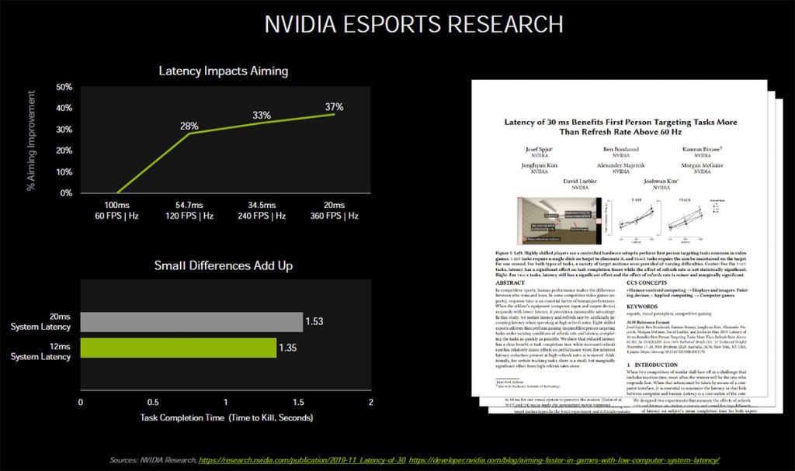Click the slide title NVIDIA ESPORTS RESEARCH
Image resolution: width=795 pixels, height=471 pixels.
414,24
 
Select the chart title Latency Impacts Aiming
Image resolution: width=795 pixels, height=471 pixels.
223,71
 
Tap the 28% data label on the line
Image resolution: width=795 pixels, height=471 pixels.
190,125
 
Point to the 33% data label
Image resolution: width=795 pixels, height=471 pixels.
262,115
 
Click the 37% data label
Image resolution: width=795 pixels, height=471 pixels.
334,106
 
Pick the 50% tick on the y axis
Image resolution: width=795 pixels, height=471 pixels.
64,87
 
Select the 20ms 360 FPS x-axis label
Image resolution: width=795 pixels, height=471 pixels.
335,210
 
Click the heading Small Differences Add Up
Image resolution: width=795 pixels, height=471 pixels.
224,265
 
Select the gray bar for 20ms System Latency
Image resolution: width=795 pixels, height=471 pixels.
192,322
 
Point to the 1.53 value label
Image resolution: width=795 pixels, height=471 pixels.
314,321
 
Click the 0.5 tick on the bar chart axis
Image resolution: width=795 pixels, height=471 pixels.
153,402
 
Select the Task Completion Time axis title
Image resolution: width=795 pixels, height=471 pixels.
225,417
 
